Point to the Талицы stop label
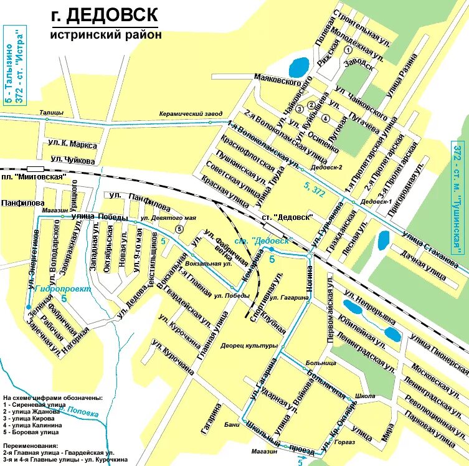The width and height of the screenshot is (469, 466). point(51,112)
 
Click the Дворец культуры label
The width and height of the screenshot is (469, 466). point(249,345)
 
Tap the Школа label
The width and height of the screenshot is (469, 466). point(364,396)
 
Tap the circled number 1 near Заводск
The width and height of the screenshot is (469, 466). point(348,50)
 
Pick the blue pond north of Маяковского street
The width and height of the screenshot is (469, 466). point(298,65)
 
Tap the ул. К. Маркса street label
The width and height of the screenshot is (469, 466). point(72,145)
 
